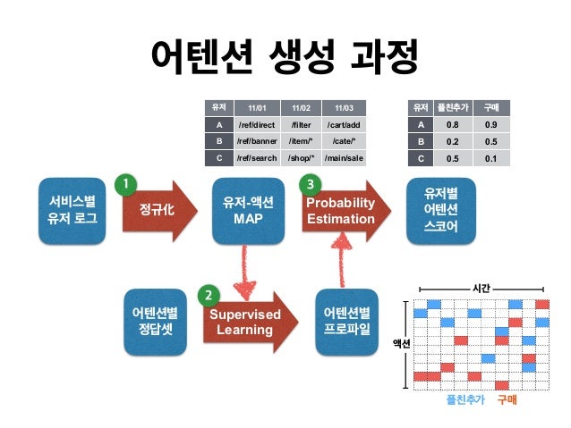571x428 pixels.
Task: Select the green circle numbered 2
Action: click(208, 294)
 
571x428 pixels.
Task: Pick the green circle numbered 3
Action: click(311, 184)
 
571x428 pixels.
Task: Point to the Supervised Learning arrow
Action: click(245, 322)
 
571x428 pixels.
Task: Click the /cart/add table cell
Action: click(344, 125)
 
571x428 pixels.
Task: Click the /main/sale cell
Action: click(344, 158)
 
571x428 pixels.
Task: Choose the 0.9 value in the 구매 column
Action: click(490, 125)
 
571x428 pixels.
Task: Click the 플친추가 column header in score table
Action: click(453, 107)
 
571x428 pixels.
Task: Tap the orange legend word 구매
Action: click(507, 399)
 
